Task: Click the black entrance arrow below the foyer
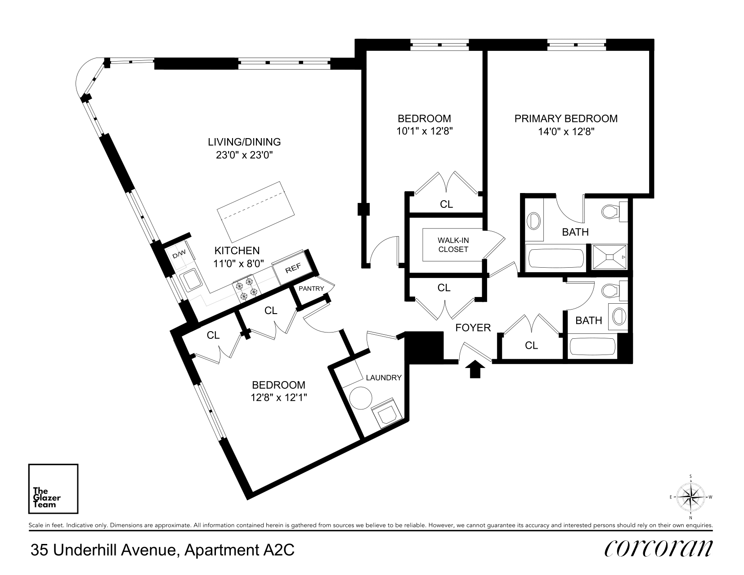coord(475,369)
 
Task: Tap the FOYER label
coord(473,328)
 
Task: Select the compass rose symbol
coord(690,497)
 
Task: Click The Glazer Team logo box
coord(53,489)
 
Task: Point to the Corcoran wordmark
coord(659,549)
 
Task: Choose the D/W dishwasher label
coord(179,254)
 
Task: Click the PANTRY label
coord(311,288)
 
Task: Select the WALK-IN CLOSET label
coord(453,245)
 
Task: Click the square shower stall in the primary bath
coord(610,257)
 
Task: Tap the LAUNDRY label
coord(383,377)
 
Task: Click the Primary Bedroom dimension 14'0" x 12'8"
coord(566,131)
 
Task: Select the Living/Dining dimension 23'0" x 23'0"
coord(244,155)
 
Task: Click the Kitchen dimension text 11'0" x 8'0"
coord(238,264)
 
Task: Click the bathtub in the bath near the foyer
coord(592,346)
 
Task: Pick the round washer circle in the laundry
coord(361,398)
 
